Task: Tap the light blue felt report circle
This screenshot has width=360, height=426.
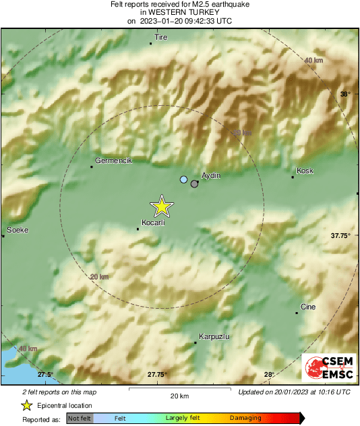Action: click(x=183, y=179)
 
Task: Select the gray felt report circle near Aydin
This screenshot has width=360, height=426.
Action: click(x=195, y=183)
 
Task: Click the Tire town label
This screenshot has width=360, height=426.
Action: click(x=161, y=38)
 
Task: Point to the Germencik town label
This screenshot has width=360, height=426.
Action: click(x=113, y=160)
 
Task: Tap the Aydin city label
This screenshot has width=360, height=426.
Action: click(x=211, y=175)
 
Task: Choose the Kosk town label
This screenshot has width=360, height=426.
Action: click(x=305, y=171)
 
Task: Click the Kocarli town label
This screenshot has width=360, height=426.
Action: click(x=153, y=222)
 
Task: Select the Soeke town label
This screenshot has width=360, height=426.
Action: click(x=17, y=231)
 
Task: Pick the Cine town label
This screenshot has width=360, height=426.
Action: click(x=307, y=307)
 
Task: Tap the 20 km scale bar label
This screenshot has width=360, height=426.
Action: click(x=179, y=395)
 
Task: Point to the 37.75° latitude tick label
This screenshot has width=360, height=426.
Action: click(x=340, y=236)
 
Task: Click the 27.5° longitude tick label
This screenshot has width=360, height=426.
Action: click(x=45, y=375)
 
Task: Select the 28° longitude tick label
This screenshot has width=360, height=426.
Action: click(x=268, y=375)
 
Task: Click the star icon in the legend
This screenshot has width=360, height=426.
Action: click(x=26, y=405)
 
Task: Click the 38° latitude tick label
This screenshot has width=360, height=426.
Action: click(x=345, y=94)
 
